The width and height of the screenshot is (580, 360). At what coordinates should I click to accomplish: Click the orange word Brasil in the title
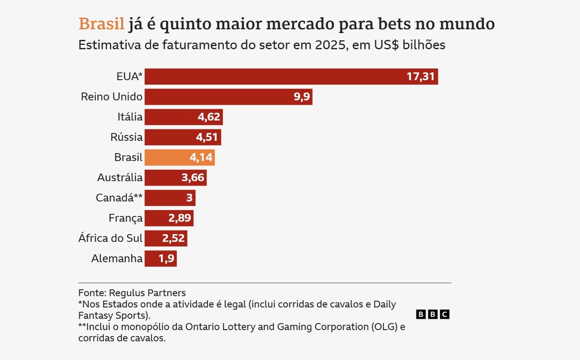click(x=101, y=24)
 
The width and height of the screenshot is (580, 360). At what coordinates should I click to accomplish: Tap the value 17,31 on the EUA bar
click(x=420, y=77)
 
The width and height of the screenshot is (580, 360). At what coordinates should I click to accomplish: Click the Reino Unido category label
click(x=111, y=96)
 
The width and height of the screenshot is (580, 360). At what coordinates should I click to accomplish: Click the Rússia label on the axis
click(x=126, y=137)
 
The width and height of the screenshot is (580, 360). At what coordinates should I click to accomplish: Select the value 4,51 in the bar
click(x=208, y=137)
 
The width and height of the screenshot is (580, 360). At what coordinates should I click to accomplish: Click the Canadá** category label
click(x=119, y=198)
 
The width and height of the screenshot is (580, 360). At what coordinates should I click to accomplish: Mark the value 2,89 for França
click(x=180, y=218)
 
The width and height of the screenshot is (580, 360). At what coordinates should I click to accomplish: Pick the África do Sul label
click(x=110, y=238)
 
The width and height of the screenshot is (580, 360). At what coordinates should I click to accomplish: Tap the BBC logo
click(x=432, y=314)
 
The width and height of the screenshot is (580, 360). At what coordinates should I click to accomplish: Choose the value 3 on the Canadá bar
click(x=189, y=198)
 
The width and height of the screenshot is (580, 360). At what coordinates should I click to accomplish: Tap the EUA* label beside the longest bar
click(x=130, y=77)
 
